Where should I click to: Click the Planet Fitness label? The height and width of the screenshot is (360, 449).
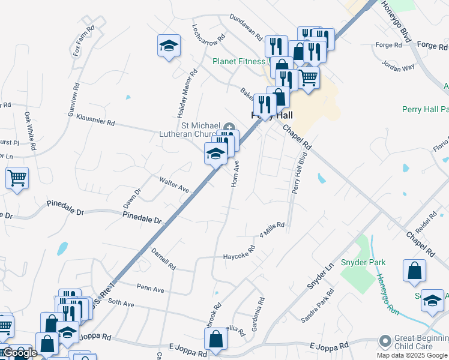point(239,61)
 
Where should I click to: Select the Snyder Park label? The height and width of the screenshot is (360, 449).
point(363,262)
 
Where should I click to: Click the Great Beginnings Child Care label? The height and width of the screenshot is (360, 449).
point(420,342)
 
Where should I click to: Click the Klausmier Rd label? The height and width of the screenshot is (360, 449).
point(95,118)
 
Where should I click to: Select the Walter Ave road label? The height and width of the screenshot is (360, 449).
point(174,184)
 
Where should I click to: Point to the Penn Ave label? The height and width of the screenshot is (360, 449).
point(150,289)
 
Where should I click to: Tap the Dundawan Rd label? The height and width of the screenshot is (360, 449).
point(246,28)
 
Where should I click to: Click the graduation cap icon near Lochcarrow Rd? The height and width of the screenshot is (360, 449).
point(169,45)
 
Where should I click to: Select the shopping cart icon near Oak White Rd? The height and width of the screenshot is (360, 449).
point(17,178)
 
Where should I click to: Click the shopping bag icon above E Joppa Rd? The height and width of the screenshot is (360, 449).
point(215,339)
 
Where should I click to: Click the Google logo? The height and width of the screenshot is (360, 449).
point(19,352)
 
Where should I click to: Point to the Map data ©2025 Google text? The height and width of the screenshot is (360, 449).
point(412,355)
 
